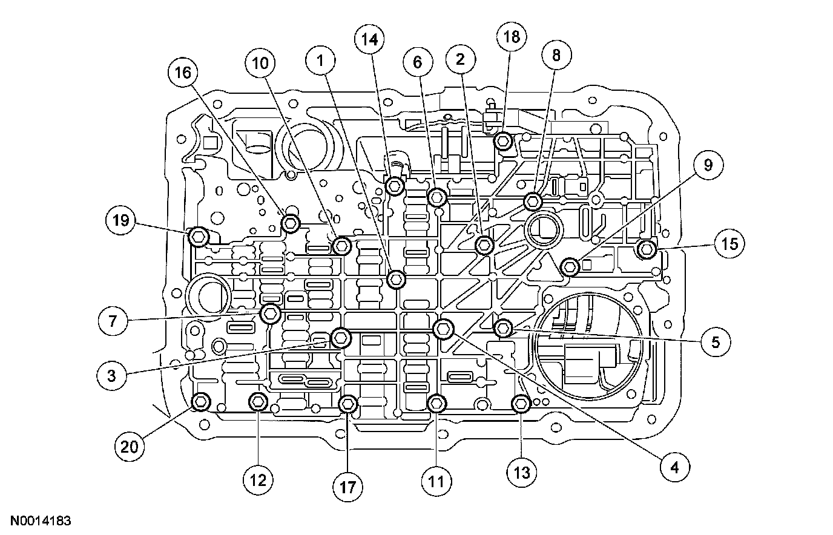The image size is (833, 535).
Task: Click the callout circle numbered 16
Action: (183, 73)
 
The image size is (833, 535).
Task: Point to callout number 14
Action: (369, 41)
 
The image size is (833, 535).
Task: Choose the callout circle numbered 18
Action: (512, 37)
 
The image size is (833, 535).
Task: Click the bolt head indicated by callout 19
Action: (199, 237)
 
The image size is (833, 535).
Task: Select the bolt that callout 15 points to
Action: (647, 248)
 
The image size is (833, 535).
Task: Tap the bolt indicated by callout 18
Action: (504, 142)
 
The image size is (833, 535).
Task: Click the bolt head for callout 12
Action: (258, 401)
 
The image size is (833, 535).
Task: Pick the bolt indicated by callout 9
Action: (570, 266)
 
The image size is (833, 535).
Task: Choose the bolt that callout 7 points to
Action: (270, 313)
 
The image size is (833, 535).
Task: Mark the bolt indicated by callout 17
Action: (348, 404)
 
